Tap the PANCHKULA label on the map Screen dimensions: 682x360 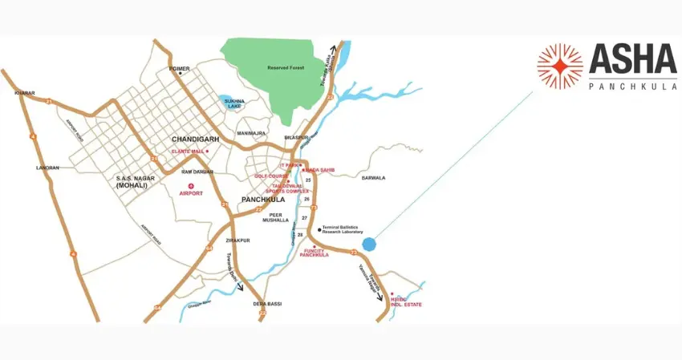tap(262, 200)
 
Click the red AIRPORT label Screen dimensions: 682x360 tap(190, 193)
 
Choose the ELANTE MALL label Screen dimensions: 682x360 tap(188, 151)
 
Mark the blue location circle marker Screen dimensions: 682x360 tap(368, 244)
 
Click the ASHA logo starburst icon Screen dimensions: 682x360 tap(560, 66)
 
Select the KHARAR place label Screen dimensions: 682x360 tap(25, 93)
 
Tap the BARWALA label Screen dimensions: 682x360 tap(373, 177)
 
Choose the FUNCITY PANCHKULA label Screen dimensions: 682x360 tap(315, 252)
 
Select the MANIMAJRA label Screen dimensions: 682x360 tap(251, 133)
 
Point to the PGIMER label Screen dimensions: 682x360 tap(179, 69)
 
